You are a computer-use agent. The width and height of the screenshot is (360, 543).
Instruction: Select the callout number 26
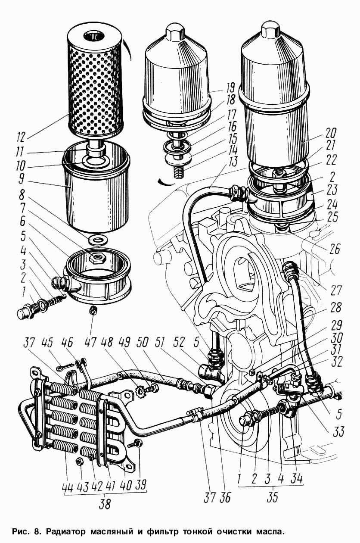334,248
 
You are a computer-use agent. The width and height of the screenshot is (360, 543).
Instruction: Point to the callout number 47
90,343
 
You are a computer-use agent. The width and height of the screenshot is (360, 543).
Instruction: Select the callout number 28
335,307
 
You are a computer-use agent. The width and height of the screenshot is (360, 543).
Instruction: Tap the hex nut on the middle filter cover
175,31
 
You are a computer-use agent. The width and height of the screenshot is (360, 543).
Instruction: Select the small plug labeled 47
93,309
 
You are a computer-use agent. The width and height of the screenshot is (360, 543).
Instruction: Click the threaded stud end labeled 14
178,172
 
